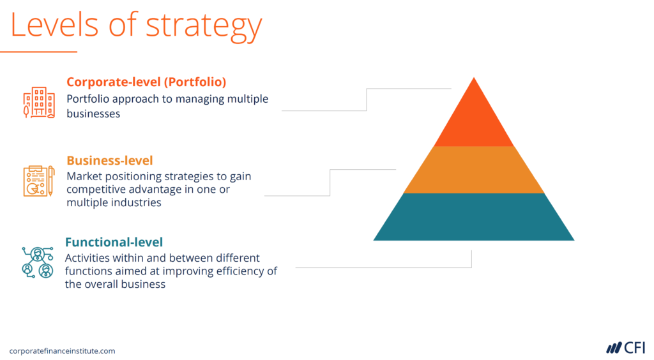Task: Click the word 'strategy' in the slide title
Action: [x=204, y=26]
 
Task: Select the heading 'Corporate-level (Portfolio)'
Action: [x=146, y=82]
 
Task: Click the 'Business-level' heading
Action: [x=110, y=160]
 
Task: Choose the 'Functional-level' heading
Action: [x=114, y=242]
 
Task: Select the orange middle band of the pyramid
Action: [x=473, y=170]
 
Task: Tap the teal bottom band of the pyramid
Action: [x=473, y=217]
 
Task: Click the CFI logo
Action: [x=625, y=348]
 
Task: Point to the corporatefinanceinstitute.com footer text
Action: [x=62, y=351]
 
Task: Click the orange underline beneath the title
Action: [x=38, y=52]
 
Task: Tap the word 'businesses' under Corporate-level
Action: [x=93, y=114]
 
